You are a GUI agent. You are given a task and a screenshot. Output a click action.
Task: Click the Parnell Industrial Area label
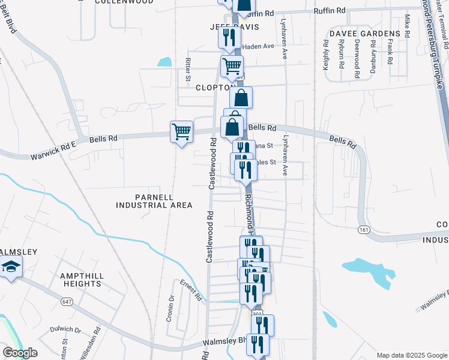click(x=154, y=201)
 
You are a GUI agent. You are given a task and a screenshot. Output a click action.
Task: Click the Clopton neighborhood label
click(x=214, y=88)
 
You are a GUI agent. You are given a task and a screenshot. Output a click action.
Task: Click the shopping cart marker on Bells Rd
click(x=181, y=131)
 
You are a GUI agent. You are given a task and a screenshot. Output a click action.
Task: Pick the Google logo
click(x=20, y=353)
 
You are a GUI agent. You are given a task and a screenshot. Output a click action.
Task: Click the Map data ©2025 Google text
click(x=412, y=355)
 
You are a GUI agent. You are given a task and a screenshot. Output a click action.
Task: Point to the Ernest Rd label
click(x=191, y=289)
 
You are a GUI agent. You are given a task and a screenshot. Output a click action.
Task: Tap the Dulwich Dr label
click(x=65, y=329)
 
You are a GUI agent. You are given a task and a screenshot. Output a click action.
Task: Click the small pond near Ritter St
click(x=164, y=61)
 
